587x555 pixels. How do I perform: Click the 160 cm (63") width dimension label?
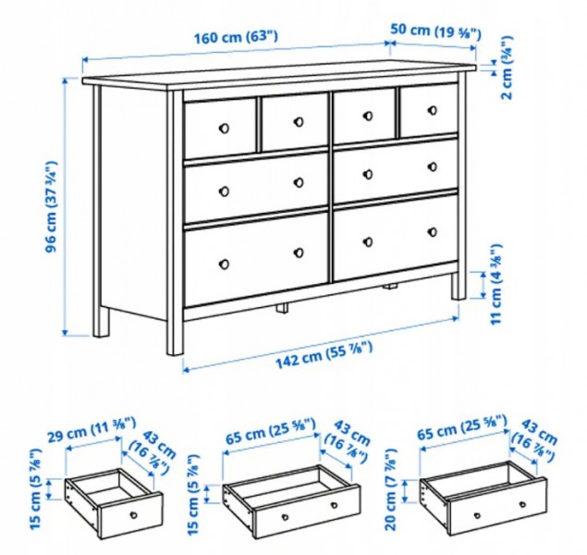(x=236, y=37)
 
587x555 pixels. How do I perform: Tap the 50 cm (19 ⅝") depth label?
(x=435, y=31)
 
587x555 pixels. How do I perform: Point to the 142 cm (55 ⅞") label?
(x=324, y=354)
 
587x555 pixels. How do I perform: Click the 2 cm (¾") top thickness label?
(x=507, y=68)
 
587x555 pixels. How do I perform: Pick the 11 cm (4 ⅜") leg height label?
(x=495, y=285)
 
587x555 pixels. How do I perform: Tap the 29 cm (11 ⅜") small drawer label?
(x=92, y=429)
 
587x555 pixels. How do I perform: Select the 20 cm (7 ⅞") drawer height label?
(x=391, y=488)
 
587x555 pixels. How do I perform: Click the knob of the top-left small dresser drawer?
(x=224, y=128)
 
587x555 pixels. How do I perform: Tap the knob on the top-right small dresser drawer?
(x=433, y=110)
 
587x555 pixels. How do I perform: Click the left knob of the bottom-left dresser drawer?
(x=225, y=264)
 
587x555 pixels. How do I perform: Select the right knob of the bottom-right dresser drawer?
(x=433, y=232)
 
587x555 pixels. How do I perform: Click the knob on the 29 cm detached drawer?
(x=134, y=514)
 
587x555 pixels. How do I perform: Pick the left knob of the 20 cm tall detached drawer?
(x=477, y=515)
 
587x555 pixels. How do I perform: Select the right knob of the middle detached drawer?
(x=334, y=506)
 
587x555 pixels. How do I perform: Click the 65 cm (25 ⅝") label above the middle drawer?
(x=271, y=431)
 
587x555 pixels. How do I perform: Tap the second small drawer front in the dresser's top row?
(x=295, y=122)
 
